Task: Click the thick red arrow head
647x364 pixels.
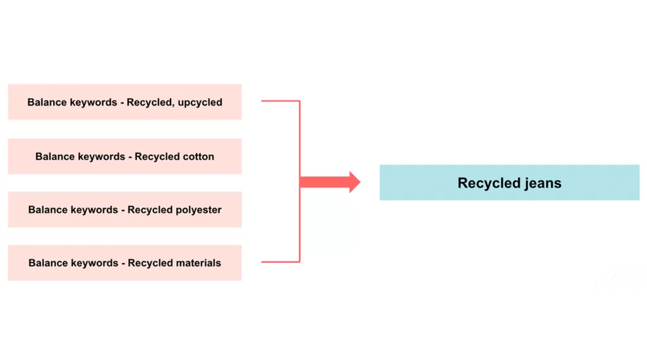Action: click(354, 183)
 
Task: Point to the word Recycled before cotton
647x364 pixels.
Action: click(152, 157)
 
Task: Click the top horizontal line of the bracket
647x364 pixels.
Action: click(280, 101)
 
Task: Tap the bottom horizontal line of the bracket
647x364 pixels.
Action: click(280, 262)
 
